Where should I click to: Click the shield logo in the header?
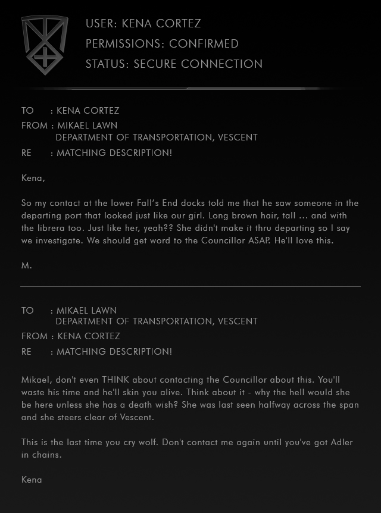tap(45, 45)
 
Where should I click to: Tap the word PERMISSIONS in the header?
tap(124, 44)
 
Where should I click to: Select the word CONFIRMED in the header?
tap(204, 44)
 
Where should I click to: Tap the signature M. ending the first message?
tap(26, 266)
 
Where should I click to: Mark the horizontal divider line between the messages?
tap(190, 286)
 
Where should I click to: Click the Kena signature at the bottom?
tap(32, 480)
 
